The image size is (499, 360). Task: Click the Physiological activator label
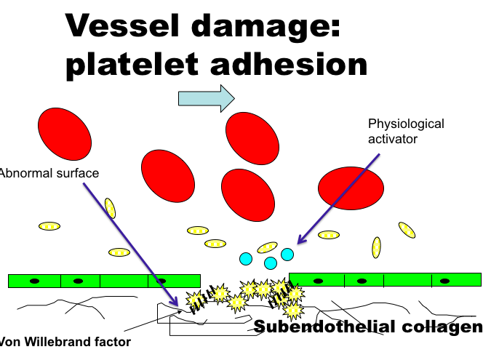(x=406, y=131)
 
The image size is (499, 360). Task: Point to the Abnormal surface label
(x=49, y=173)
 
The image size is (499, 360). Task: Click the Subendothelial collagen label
(x=367, y=327)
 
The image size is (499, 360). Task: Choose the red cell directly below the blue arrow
(x=252, y=138)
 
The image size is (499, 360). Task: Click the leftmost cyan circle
(x=246, y=259)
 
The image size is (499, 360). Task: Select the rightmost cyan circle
(x=287, y=254)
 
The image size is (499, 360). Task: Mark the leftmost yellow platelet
(x=49, y=226)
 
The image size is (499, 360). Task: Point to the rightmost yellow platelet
(x=407, y=230)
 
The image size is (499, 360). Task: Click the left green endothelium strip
(x=104, y=281)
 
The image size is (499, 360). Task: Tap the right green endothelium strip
(x=385, y=279)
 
